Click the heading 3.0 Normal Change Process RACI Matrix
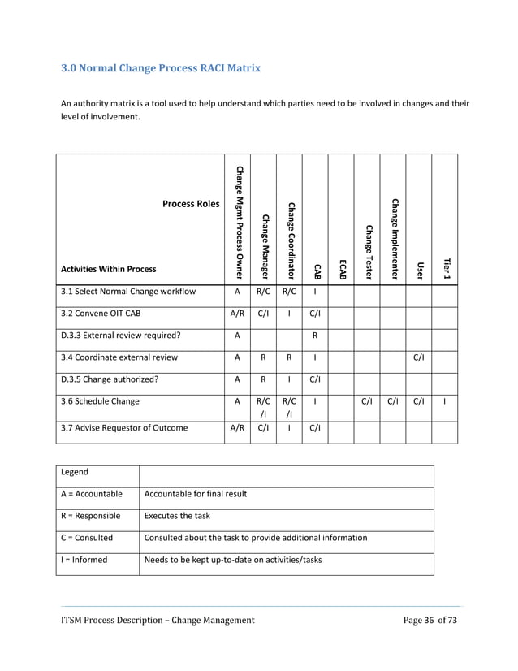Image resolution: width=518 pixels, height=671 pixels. [161, 68]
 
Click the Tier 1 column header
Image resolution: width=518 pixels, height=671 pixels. [445, 269]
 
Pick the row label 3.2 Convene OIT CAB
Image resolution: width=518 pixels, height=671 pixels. [106, 313]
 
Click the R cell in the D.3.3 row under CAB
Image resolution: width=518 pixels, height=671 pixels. [315, 335]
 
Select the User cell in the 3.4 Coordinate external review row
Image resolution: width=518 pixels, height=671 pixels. [419, 357]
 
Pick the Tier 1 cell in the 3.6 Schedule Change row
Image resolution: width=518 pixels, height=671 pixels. [445, 400]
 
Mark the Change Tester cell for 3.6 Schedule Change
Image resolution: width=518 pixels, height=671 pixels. [367, 400]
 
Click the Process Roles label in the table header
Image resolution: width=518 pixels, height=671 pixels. [191, 204]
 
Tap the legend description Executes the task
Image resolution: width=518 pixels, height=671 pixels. [178, 515]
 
